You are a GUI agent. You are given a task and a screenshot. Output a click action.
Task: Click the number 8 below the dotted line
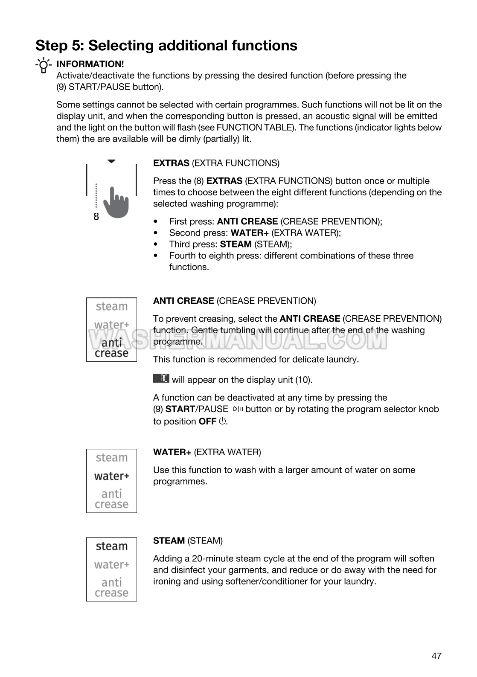(x=96, y=217)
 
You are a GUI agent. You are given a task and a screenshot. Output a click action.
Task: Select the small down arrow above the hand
(x=112, y=162)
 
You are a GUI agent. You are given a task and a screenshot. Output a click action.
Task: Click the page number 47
(x=436, y=656)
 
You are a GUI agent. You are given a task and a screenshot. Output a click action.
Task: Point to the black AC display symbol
(x=161, y=378)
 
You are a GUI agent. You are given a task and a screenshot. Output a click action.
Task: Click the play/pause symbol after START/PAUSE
(x=238, y=410)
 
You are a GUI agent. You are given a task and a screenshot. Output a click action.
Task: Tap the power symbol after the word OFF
(x=222, y=421)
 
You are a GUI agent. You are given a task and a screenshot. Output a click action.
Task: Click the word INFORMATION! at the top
(x=90, y=64)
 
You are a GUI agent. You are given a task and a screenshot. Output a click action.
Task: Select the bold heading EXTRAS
(x=171, y=163)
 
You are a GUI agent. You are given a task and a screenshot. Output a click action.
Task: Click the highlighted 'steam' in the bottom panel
(x=112, y=546)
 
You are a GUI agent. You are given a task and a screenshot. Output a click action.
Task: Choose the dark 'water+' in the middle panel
(x=112, y=476)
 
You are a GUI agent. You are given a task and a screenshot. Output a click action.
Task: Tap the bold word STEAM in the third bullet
(x=236, y=244)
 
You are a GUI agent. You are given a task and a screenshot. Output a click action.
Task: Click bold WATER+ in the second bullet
(x=250, y=232)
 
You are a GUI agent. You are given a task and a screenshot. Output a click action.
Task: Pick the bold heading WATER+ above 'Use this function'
(x=172, y=452)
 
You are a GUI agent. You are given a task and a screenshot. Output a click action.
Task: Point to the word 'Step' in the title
(x=51, y=45)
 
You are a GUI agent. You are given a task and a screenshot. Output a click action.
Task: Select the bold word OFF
(x=207, y=421)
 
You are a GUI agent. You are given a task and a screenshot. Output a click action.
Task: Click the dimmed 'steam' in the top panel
(x=112, y=306)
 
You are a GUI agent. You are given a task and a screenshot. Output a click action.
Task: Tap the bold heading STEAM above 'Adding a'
(x=169, y=540)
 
